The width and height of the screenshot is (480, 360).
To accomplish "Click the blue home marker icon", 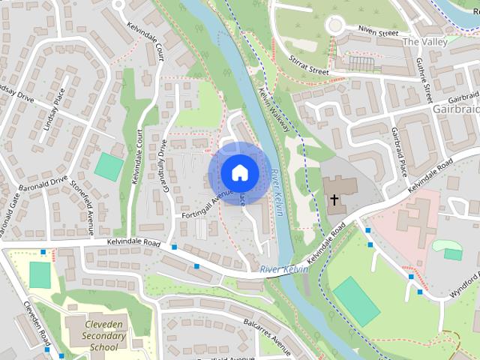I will tap(239, 172).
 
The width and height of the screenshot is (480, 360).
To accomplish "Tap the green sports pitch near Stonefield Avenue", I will tap(109, 166).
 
